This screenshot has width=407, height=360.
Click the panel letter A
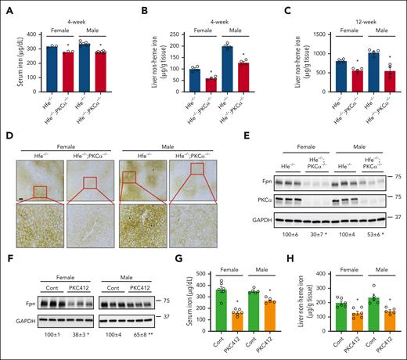[6, 6]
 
